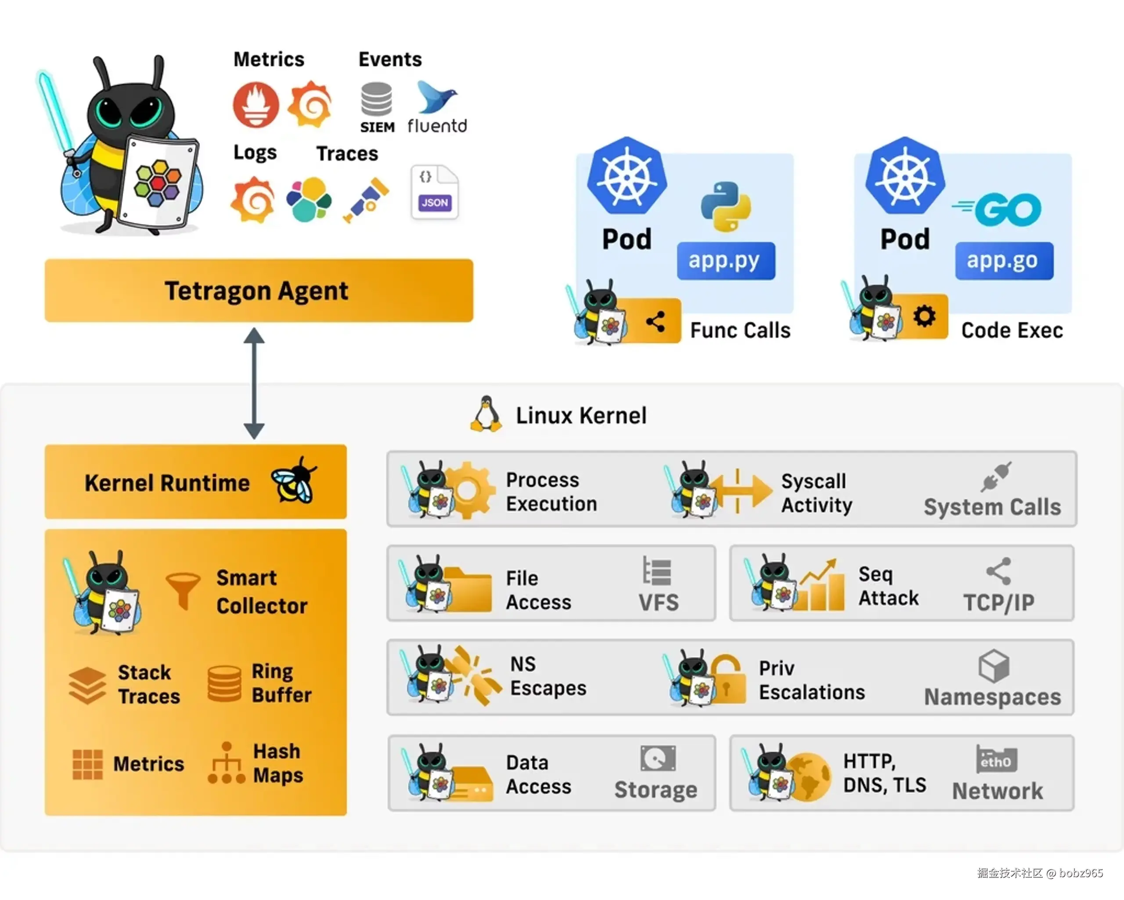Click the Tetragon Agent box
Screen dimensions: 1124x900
point(259,290)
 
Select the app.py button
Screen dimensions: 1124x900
point(726,260)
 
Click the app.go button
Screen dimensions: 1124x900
point(1004,260)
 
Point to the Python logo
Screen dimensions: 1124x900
point(726,207)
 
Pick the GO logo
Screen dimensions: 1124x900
point(997,210)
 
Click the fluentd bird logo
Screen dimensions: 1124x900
point(437,97)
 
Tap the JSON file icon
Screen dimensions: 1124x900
point(435,192)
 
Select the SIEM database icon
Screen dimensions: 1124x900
point(376,99)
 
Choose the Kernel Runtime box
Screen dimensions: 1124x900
point(195,482)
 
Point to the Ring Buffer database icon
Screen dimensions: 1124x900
point(224,683)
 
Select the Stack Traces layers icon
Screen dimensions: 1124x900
point(87,685)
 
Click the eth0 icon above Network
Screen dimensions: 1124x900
point(996,759)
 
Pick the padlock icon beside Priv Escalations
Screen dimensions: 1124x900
point(727,678)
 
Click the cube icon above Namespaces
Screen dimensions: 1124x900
point(994,666)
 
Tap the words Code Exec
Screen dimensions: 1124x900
point(1012,330)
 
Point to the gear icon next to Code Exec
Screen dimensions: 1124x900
point(924,316)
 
